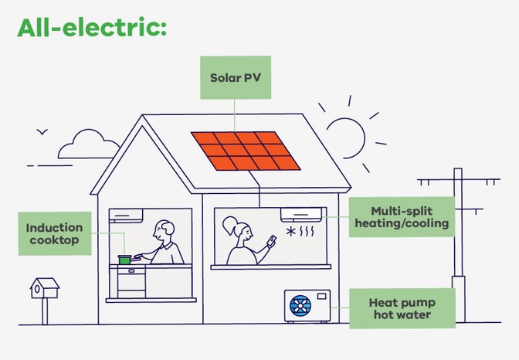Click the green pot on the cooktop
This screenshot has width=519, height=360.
[124, 260]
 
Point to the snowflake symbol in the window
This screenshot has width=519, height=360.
[291, 232]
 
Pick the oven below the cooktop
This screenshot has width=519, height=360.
[129, 282]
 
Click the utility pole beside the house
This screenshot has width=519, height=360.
[458, 232]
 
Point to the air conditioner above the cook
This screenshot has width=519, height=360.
[126, 213]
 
